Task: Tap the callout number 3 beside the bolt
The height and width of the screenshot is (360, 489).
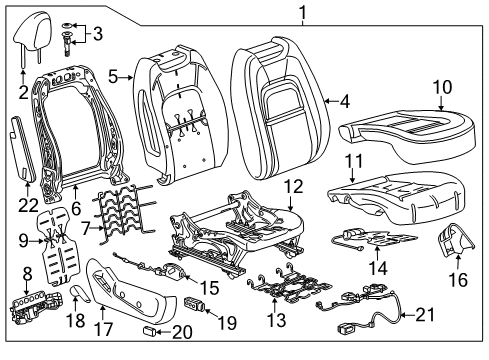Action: (x=96, y=35)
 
